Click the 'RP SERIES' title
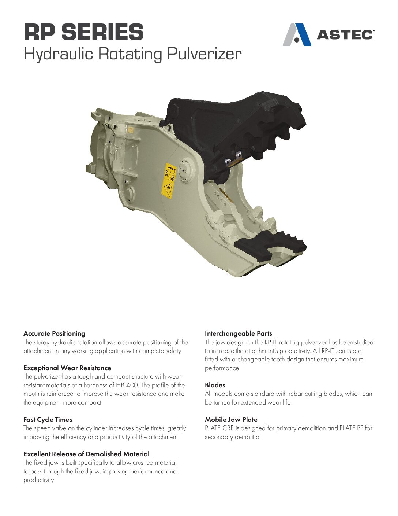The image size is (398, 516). coord(84,32)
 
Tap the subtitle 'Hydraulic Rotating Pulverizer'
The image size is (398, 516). coord(132,54)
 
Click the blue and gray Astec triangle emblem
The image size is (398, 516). coord(297,35)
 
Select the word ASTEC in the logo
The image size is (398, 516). coord(345,35)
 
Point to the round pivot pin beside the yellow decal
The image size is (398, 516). coord(186,170)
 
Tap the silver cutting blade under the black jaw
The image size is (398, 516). coord(234,159)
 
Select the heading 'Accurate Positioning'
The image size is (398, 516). coord(54,333)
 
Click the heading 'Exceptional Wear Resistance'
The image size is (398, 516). coord(67,368)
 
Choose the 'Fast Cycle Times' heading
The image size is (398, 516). coord(48,420)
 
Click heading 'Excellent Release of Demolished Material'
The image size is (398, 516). coord(87,454)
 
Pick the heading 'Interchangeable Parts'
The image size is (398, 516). coord(238,333)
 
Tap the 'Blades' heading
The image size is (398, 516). coord(215,385)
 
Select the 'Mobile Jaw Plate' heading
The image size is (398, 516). coord(231,420)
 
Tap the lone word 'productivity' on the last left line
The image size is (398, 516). coord(39,480)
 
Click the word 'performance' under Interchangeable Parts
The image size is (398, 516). coord(222,368)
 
